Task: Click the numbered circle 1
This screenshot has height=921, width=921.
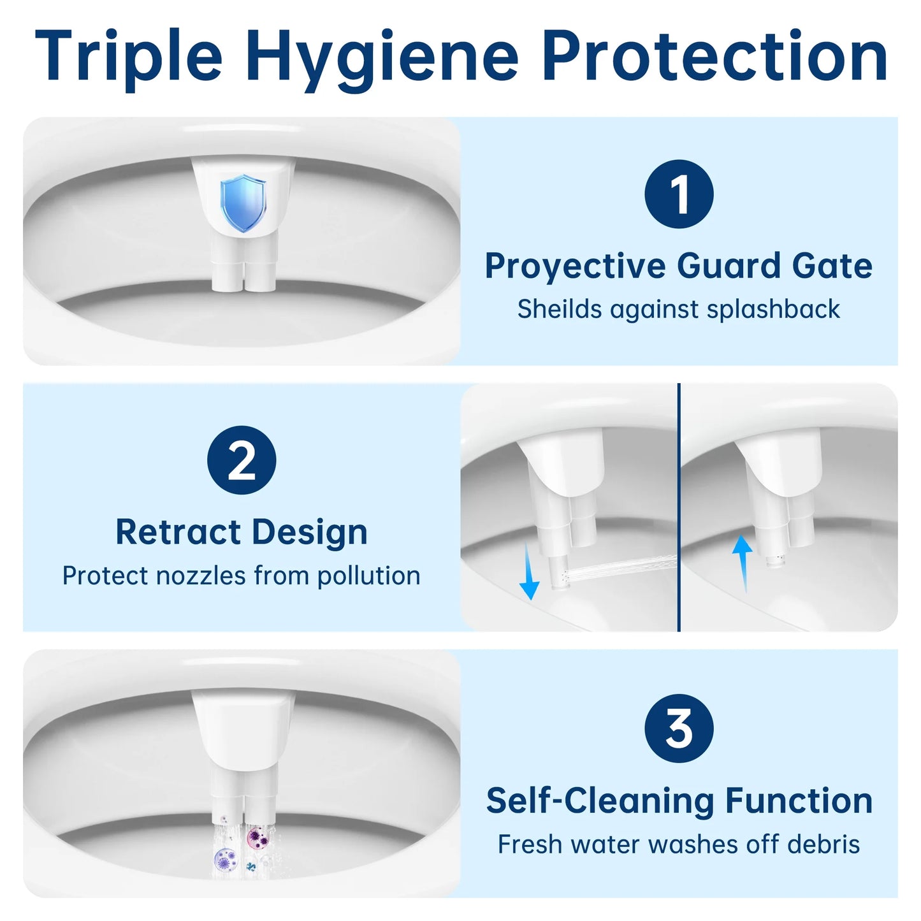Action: click(679, 194)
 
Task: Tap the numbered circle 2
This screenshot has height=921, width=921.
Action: click(242, 460)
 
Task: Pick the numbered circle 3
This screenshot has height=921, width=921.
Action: click(679, 728)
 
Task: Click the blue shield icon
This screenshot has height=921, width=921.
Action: click(242, 203)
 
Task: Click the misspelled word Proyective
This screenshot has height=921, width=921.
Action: click(575, 266)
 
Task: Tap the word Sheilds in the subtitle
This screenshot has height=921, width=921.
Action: click(560, 309)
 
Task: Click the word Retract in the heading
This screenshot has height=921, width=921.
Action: click(178, 532)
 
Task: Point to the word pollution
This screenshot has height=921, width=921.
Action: click(368, 576)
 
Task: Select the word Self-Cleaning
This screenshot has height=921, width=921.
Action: click(600, 801)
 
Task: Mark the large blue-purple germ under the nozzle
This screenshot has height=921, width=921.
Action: click(225, 860)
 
